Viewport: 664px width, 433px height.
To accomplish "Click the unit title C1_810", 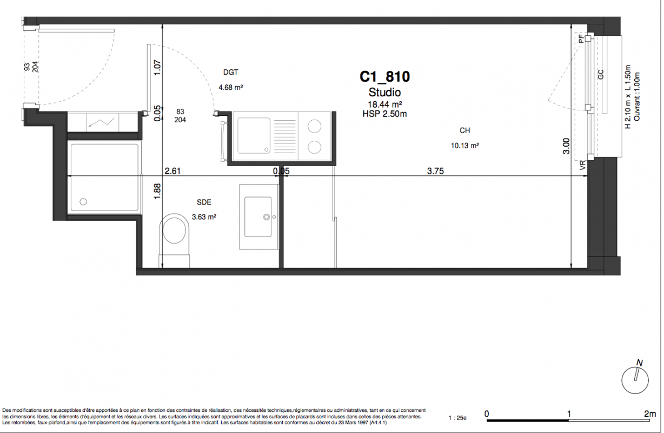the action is [384, 77].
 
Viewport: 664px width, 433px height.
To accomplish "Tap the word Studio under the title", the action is [384, 93].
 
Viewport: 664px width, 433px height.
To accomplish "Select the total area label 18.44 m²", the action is [385, 104].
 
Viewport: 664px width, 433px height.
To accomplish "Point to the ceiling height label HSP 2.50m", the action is [384, 114].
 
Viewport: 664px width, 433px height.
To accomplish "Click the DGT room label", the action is [231, 72].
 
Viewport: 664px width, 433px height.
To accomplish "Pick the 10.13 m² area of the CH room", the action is [465, 146].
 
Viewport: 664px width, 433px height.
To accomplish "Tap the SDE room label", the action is [204, 202].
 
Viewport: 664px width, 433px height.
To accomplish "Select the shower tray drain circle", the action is [83, 202].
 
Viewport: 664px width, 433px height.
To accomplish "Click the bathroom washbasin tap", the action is [267, 217].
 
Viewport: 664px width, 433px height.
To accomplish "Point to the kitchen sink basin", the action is [254, 136].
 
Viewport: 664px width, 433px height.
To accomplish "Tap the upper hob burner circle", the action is [314, 127].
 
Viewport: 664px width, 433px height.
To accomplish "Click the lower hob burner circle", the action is [314, 147].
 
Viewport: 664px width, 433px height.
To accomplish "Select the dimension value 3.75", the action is [435, 171].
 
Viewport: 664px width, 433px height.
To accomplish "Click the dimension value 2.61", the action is [172, 171].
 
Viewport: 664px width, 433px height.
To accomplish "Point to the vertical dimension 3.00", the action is [566, 146].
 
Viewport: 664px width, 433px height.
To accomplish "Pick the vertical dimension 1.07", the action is [157, 68].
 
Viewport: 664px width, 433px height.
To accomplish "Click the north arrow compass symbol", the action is [635, 379].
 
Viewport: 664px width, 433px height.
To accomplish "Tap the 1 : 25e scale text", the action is [457, 418].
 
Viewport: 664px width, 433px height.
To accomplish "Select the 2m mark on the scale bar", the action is [650, 414].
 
